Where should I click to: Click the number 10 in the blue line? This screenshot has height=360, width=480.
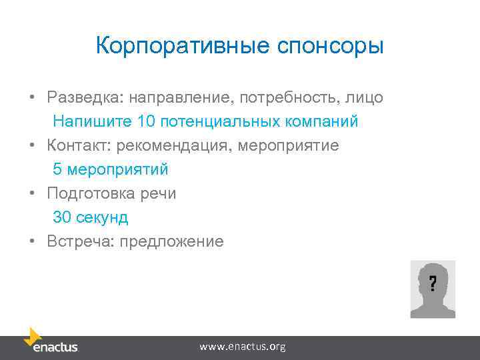[x=145, y=122]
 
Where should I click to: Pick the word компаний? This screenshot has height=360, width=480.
[x=325, y=122]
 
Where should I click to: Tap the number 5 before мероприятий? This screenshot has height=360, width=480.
[x=57, y=169]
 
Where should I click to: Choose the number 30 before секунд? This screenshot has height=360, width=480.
[x=62, y=217]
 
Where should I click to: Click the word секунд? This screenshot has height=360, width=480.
[x=101, y=217]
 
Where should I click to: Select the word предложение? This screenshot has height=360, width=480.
[x=171, y=241]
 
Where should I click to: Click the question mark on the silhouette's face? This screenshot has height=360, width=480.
[x=433, y=283]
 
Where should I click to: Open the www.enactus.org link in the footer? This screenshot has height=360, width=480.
[x=243, y=347]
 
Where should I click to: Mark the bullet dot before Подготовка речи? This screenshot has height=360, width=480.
[x=32, y=194]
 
